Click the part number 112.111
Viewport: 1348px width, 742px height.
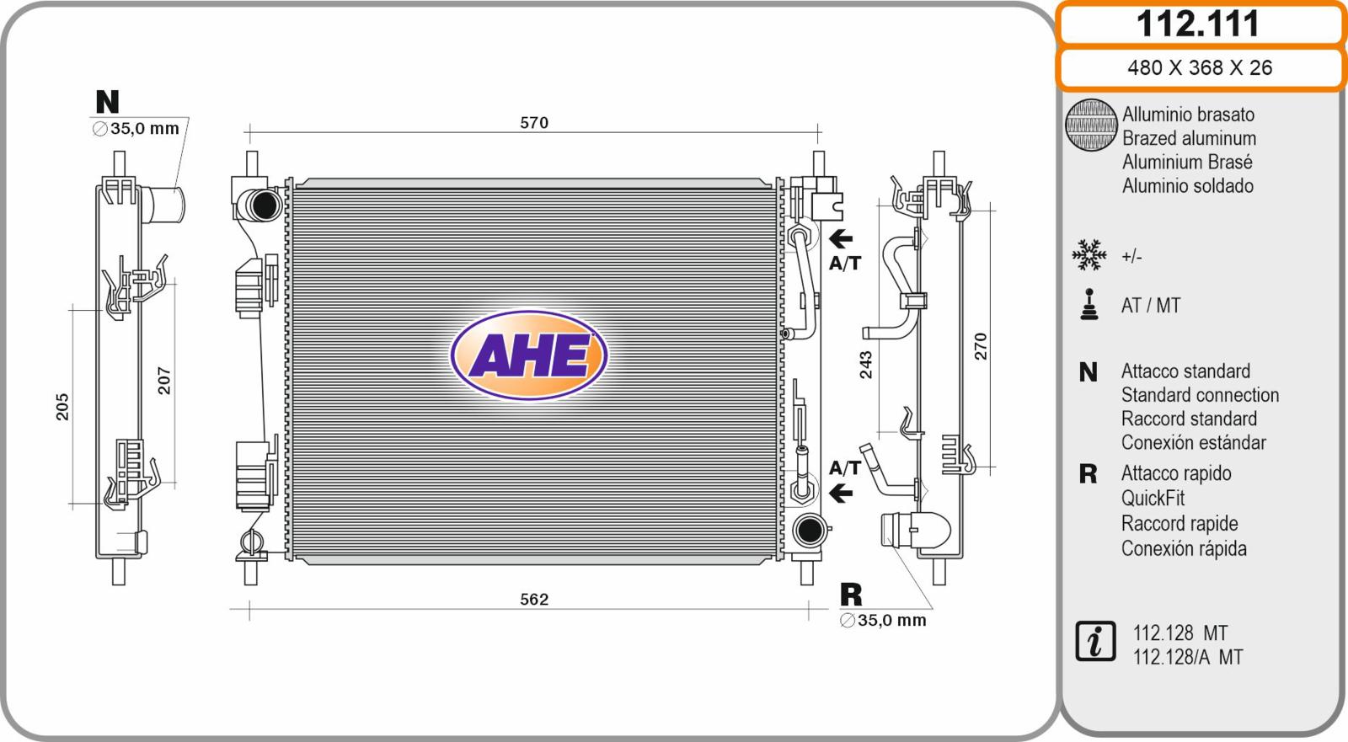point(1197,24)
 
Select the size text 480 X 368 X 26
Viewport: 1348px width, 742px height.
point(1200,67)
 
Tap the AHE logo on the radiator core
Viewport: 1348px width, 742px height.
point(529,355)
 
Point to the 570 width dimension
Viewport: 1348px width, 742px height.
point(534,123)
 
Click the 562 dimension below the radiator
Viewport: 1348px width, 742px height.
point(534,600)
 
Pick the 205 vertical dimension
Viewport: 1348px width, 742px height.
point(62,407)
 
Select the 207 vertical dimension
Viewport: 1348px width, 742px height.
point(163,381)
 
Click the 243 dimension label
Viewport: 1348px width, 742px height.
point(865,365)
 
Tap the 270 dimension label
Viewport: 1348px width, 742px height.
point(981,347)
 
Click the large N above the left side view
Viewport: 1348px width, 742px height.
point(108,102)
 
